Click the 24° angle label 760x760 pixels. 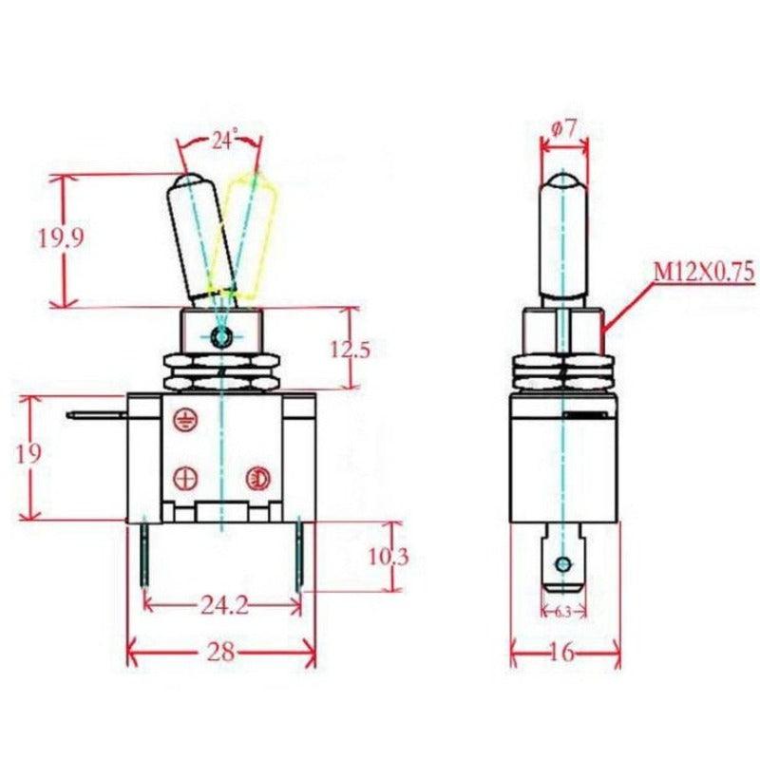coord(223,141)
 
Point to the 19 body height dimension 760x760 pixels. coord(29,453)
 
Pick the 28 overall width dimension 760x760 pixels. coord(221,653)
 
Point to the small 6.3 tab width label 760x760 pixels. coord(563,611)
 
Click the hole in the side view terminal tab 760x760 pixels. coord(564,565)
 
